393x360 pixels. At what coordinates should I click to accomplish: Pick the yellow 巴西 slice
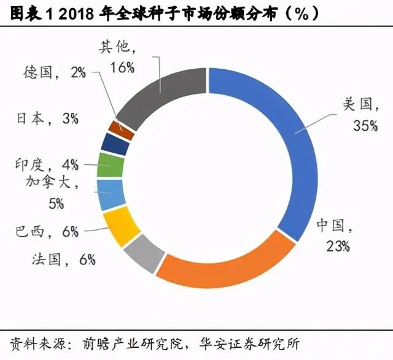point(120,224)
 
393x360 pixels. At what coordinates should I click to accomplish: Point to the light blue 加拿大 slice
point(111,194)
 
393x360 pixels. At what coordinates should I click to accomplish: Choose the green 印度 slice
point(111,165)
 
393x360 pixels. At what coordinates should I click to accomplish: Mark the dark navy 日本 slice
point(116,144)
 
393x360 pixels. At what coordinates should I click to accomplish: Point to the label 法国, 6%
point(63,259)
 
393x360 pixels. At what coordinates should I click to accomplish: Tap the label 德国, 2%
point(56,72)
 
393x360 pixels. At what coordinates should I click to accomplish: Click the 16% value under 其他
point(122,67)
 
